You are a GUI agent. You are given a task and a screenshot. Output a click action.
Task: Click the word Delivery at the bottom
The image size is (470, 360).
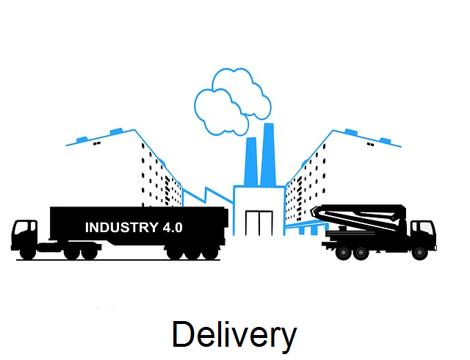234,335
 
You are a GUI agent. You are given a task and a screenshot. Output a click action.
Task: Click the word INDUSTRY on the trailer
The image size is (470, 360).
122,228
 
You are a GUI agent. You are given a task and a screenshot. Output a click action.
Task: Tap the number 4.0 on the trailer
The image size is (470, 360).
173,228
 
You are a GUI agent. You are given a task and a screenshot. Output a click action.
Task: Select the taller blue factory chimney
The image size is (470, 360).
268,155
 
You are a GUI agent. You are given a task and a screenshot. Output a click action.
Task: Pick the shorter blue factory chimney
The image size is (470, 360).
251,162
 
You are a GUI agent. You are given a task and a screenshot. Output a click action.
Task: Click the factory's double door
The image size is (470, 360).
259,223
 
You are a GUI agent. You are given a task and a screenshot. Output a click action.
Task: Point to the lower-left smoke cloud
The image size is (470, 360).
220,112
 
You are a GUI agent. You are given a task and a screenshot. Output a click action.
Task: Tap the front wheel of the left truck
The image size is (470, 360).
28,253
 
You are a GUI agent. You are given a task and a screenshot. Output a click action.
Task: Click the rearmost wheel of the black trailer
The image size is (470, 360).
210,253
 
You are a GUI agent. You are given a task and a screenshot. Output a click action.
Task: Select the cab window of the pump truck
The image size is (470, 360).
425,228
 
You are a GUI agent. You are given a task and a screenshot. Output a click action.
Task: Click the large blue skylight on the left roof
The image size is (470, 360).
117,132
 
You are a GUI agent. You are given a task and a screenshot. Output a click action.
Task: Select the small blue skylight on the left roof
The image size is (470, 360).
82,140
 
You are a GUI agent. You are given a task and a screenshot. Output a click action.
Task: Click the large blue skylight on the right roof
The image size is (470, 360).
351,132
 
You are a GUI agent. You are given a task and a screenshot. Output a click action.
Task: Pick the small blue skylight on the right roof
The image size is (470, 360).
385,140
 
